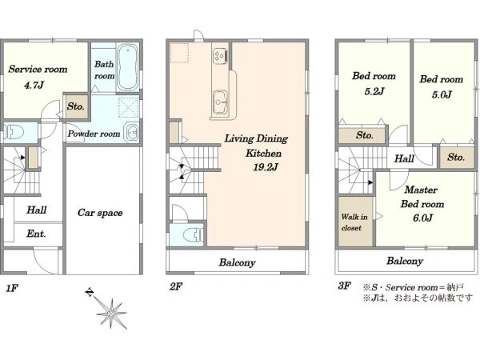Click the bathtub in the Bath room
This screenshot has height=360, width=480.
[x=128, y=67]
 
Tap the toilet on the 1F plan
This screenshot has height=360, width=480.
[x=14, y=132]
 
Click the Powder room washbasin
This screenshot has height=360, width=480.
[x=131, y=133]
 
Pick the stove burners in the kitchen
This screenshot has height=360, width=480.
[x=220, y=56]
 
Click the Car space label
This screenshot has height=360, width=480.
[x=100, y=213]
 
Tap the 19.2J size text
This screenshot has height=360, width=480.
[x=266, y=167]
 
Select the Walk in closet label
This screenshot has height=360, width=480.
[x=354, y=222]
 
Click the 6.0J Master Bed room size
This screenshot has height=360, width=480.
[x=422, y=218]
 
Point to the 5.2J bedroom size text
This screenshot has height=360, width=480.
[x=374, y=91]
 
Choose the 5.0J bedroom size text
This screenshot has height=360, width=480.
[x=442, y=95]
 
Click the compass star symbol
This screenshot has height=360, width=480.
[x=110, y=313]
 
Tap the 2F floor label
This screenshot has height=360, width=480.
[x=176, y=286]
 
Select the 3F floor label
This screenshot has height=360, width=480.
[x=344, y=286]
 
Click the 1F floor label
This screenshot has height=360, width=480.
[x=12, y=288]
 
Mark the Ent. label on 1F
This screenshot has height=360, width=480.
[x=36, y=234]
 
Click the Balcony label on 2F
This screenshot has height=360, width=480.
[x=238, y=262]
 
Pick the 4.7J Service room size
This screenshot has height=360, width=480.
[x=34, y=85]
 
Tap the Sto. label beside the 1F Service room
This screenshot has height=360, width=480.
[x=76, y=106]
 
